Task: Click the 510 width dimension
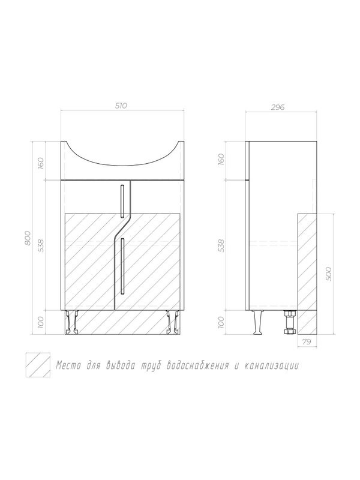[121, 106]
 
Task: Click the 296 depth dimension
[278, 107]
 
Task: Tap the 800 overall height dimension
[28, 238]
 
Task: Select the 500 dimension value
[328, 274]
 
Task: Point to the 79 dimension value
[307, 342]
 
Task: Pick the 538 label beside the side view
[221, 245]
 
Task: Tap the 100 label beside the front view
[41, 322]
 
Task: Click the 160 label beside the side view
[221, 159]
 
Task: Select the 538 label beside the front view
[41, 245]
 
